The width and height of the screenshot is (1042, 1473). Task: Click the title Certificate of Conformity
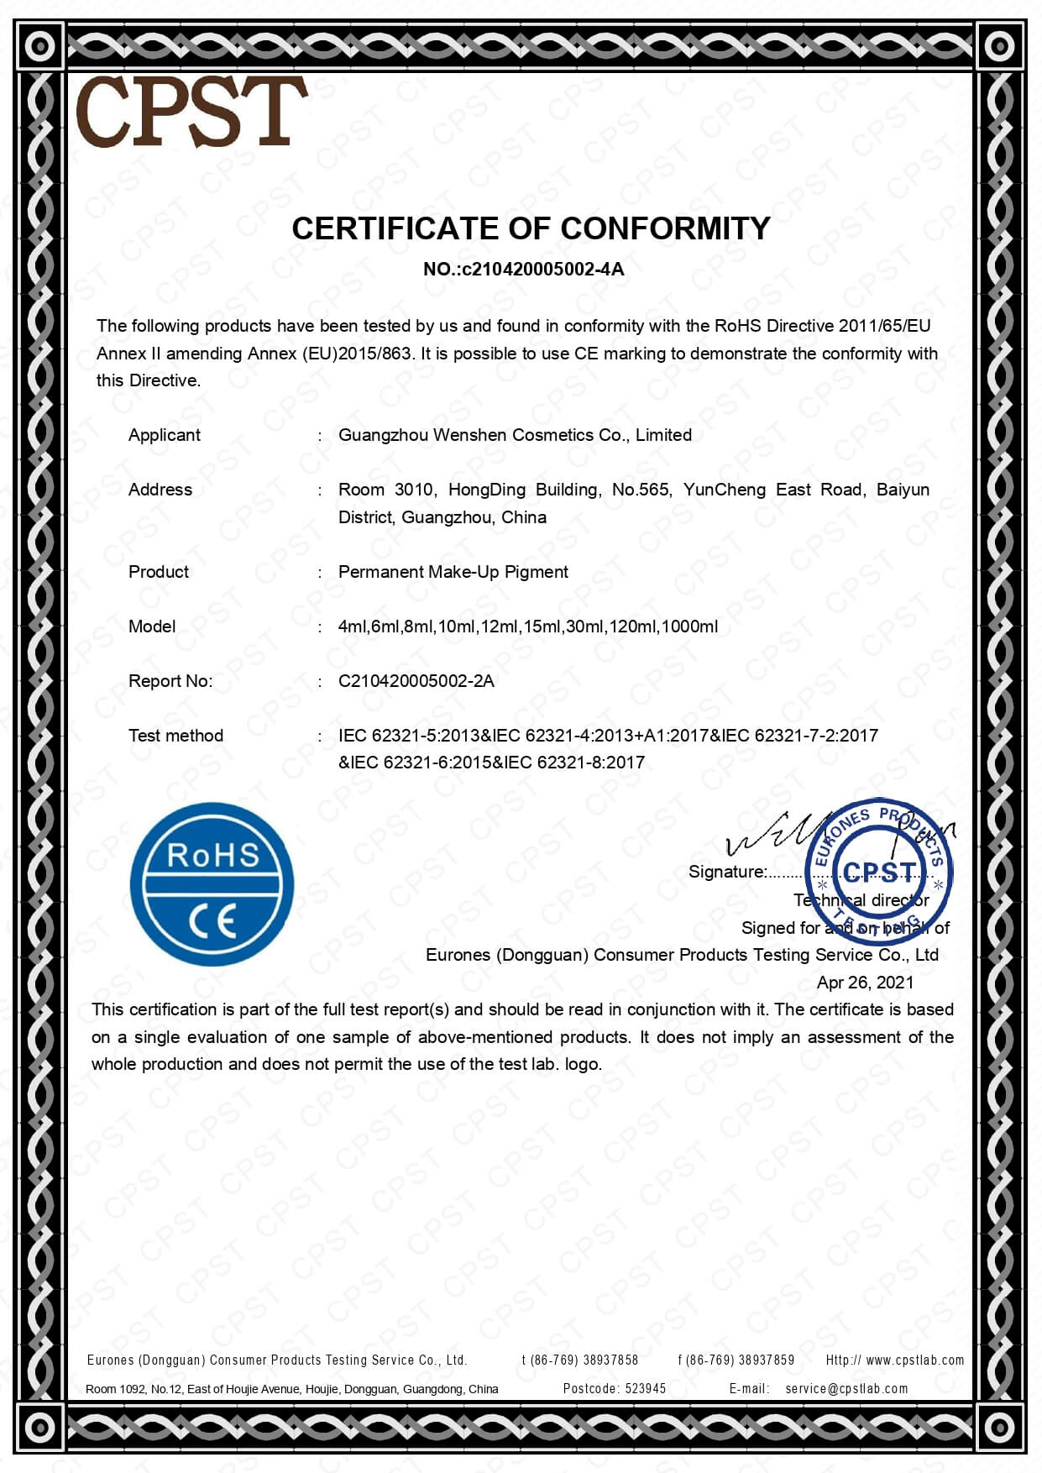tap(531, 228)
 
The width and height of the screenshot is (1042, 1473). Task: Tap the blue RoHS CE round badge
tap(212, 884)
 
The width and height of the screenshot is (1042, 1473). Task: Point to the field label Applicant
tap(165, 435)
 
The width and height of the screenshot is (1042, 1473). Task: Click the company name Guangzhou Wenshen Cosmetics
tap(515, 435)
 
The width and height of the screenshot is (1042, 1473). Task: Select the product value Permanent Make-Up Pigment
tap(453, 572)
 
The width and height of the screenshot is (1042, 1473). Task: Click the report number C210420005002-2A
tap(416, 681)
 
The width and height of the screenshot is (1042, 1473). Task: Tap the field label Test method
tap(175, 736)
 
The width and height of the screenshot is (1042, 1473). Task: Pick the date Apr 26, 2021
tap(865, 983)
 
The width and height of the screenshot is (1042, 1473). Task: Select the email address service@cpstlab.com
tap(846, 1389)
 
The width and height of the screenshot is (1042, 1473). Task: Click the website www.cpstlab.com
tap(914, 1360)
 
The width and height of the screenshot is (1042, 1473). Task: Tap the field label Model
tap(152, 626)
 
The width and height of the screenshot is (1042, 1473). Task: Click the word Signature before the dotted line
tap(727, 872)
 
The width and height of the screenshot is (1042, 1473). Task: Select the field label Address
tap(160, 490)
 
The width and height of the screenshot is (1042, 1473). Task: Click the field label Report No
tap(170, 681)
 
